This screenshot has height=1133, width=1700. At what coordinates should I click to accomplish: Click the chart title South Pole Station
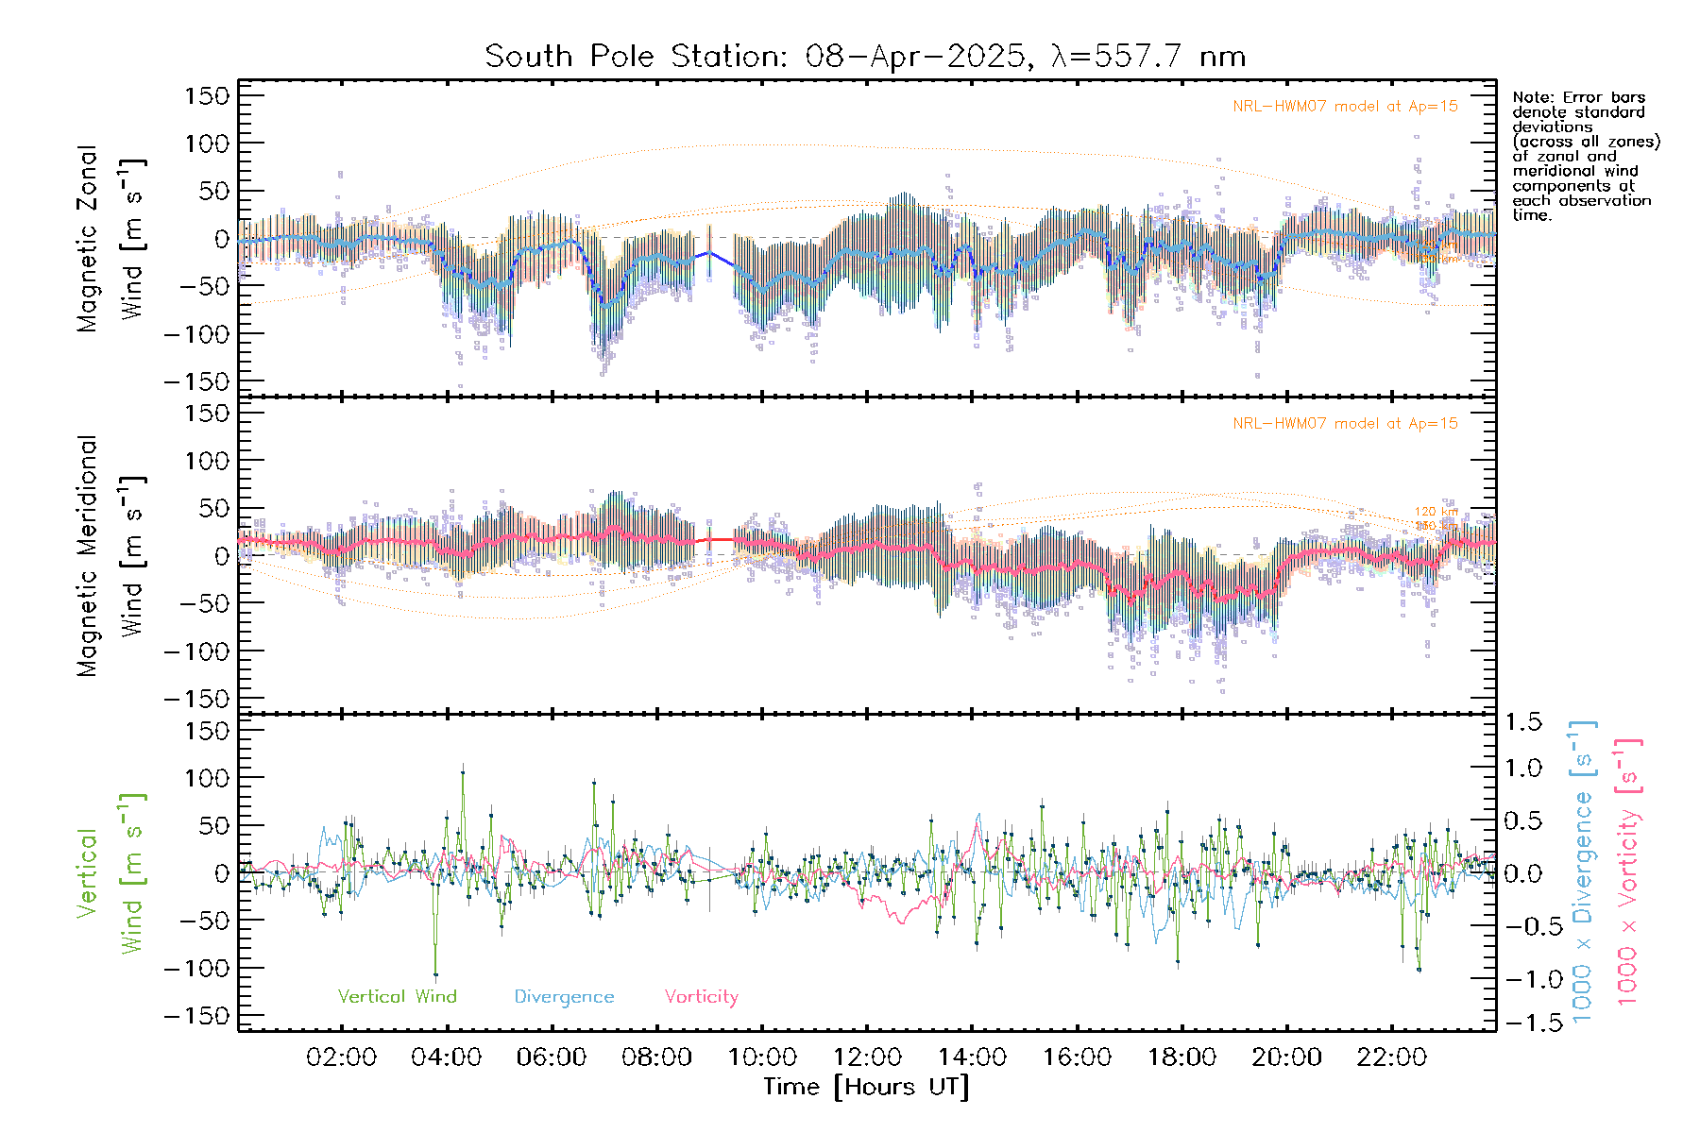pos(864,57)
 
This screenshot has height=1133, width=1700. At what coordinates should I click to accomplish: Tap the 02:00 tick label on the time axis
pos(341,1057)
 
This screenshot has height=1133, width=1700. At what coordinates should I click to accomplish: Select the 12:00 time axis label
pos(867,1057)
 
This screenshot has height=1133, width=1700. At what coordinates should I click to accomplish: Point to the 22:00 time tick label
pos(1391,1057)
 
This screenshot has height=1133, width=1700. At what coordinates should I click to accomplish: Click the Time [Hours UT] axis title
pos(866,1087)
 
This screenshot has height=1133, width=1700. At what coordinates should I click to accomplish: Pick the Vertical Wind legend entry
pos(397,997)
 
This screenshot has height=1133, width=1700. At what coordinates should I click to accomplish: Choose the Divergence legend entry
pos(564,997)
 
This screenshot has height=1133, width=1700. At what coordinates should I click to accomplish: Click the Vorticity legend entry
pos(701,997)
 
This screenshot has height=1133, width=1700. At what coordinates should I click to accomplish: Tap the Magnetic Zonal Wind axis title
pos(111,239)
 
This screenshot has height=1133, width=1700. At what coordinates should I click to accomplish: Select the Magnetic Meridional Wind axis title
pos(111,556)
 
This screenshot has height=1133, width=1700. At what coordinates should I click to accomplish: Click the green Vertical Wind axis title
pos(111,873)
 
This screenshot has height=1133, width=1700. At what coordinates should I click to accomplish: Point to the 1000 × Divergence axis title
pos(1583,872)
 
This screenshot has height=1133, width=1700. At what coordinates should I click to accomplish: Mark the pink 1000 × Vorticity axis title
pos(1628,872)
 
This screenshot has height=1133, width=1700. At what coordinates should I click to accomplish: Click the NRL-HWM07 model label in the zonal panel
pos(1345,107)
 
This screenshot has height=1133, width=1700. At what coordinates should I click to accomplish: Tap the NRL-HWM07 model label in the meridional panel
pos(1345,424)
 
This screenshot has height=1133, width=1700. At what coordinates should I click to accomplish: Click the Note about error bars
pos(1585,156)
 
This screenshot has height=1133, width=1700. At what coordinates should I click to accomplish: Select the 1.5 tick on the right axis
pos(1522,722)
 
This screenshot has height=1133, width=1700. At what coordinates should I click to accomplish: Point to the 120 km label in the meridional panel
pos(1436,512)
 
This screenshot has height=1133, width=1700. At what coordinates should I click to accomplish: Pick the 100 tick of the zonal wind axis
pos(208,144)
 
